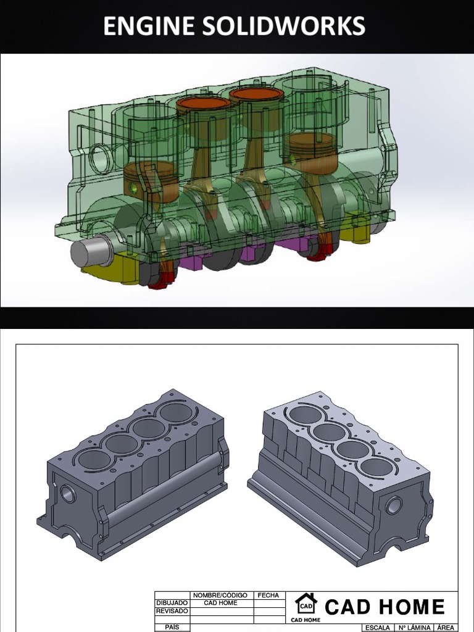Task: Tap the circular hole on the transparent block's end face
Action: [99, 157]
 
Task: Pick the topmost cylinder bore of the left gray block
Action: [175, 412]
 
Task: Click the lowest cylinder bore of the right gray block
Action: [377, 467]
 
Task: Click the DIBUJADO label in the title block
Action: [172, 603]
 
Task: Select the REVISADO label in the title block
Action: [172, 611]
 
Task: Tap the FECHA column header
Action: [268, 596]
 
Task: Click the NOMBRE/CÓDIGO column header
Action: [220, 596]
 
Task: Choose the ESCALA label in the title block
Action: [377, 628]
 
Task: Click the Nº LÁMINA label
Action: [414, 628]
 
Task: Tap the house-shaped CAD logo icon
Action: [306, 604]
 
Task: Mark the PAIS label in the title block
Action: [172, 627]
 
